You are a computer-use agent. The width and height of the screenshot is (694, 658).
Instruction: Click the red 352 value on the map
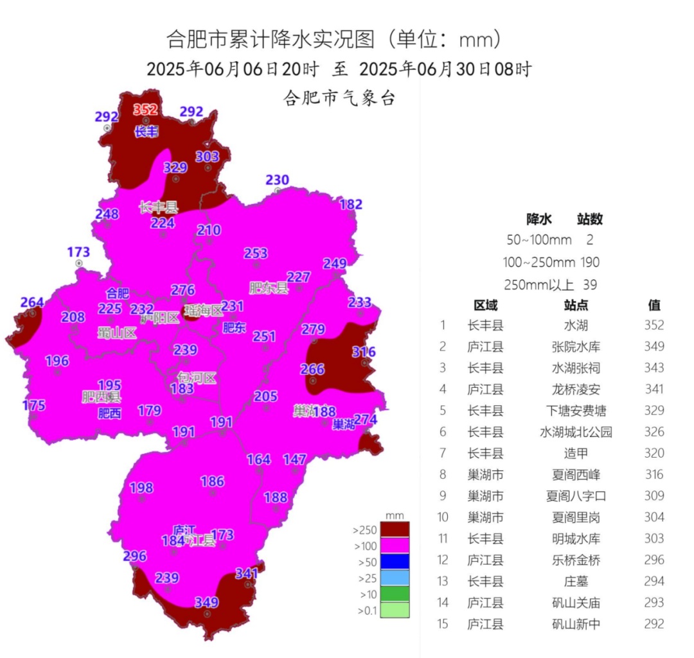[x=145, y=109]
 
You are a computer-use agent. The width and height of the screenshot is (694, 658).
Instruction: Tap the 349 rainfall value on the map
[x=207, y=603]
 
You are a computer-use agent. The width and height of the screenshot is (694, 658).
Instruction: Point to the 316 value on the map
[x=364, y=352]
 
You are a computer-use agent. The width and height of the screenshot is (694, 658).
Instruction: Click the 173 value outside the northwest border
[x=78, y=252]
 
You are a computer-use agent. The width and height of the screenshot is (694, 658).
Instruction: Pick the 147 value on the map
[x=295, y=460]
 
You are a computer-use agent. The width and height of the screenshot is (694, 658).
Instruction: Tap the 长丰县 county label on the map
[x=159, y=207]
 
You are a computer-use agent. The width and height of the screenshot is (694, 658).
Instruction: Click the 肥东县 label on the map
[x=269, y=287]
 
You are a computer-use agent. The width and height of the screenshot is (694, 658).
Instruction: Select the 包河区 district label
[x=197, y=377]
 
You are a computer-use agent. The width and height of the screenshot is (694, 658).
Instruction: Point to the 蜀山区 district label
[x=117, y=333]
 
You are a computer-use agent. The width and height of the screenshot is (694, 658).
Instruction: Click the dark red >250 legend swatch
[x=395, y=530]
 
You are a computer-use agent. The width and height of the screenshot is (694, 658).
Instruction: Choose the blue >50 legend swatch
[x=395, y=562]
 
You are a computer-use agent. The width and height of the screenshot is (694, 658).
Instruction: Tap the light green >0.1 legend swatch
[x=395, y=610]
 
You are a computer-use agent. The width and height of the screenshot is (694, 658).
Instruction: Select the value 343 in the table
[x=654, y=368]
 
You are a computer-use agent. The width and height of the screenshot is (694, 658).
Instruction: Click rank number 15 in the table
[x=443, y=624]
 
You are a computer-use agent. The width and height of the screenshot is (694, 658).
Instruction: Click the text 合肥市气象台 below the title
[x=339, y=99]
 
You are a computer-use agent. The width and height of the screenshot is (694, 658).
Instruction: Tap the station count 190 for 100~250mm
[x=590, y=263]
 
